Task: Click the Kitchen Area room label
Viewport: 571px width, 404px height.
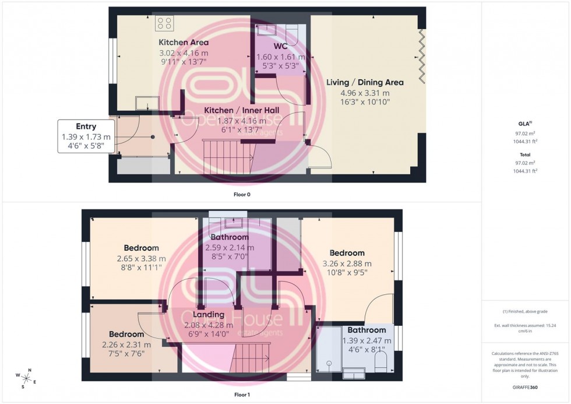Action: (184, 43)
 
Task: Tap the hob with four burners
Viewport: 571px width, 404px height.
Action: (164, 23)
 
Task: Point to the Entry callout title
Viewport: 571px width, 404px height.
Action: (86, 127)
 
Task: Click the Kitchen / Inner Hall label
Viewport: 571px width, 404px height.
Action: (241, 110)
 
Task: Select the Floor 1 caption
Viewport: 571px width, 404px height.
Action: (241, 395)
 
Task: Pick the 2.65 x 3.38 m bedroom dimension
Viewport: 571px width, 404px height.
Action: (141, 258)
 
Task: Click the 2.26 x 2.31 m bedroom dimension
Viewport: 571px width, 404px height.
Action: (126, 345)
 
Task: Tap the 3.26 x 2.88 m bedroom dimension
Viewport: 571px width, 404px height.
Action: (347, 263)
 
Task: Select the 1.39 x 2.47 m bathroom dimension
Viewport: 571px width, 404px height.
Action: (366, 340)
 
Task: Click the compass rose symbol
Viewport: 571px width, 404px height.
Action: (27, 378)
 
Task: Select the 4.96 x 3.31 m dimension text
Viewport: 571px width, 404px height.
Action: (365, 93)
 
